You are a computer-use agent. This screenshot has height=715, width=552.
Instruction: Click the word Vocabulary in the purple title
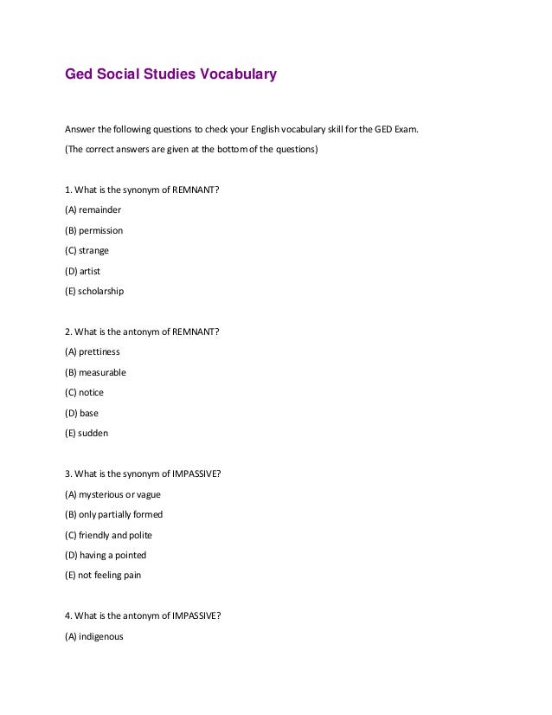[238, 74]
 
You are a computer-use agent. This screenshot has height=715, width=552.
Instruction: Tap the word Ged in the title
[79, 74]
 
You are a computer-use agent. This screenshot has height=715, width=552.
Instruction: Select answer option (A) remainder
[93, 210]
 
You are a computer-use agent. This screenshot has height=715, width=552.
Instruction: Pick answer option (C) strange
[87, 251]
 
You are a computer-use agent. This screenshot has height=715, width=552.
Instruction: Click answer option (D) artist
[83, 271]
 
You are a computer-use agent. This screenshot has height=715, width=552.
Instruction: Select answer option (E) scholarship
[94, 292]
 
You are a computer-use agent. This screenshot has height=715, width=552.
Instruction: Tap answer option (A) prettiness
[93, 352]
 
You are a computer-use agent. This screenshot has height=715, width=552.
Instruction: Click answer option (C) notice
[84, 393]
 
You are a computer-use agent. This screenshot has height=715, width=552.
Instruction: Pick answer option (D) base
[82, 413]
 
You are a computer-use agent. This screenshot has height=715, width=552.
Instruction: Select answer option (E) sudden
[87, 434]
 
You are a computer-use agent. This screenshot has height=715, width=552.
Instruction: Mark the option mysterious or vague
[112, 494]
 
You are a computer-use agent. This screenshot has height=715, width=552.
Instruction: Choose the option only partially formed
[113, 514]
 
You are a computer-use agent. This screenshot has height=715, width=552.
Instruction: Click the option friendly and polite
[108, 535]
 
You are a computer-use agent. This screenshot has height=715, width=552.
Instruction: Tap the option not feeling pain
[103, 576]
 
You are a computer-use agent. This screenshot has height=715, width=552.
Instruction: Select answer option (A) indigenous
[94, 636]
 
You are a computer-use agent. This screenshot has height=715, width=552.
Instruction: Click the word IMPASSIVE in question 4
[196, 615]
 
